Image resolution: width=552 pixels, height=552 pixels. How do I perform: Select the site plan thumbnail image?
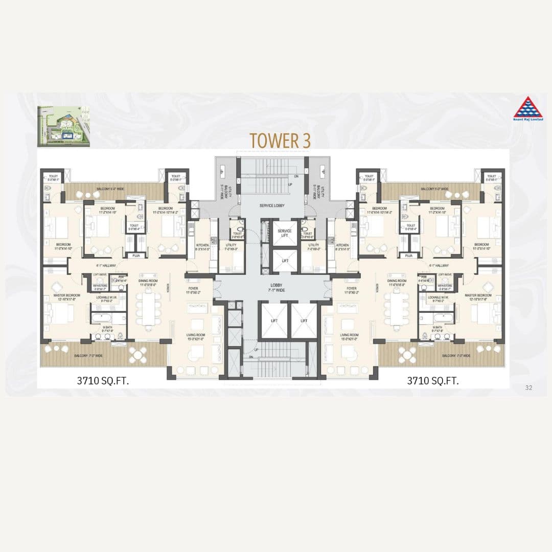[x=63, y=126]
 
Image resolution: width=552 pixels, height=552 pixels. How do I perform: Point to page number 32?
[x=528, y=388]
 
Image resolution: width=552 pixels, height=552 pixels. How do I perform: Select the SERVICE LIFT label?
[x=284, y=233]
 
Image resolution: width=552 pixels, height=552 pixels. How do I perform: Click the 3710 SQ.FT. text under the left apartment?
[x=103, y=381]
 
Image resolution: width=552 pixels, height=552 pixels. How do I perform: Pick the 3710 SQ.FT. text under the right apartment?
[x=432, y=381]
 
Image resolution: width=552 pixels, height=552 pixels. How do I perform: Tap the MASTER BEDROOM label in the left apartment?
[x=64, y=297]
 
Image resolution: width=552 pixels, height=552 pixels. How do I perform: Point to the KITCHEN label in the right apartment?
[x=342, y=247]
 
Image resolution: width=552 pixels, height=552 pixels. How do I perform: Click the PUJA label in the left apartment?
[x=136, y=255]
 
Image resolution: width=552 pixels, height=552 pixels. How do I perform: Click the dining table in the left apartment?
[x=148, y=308]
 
